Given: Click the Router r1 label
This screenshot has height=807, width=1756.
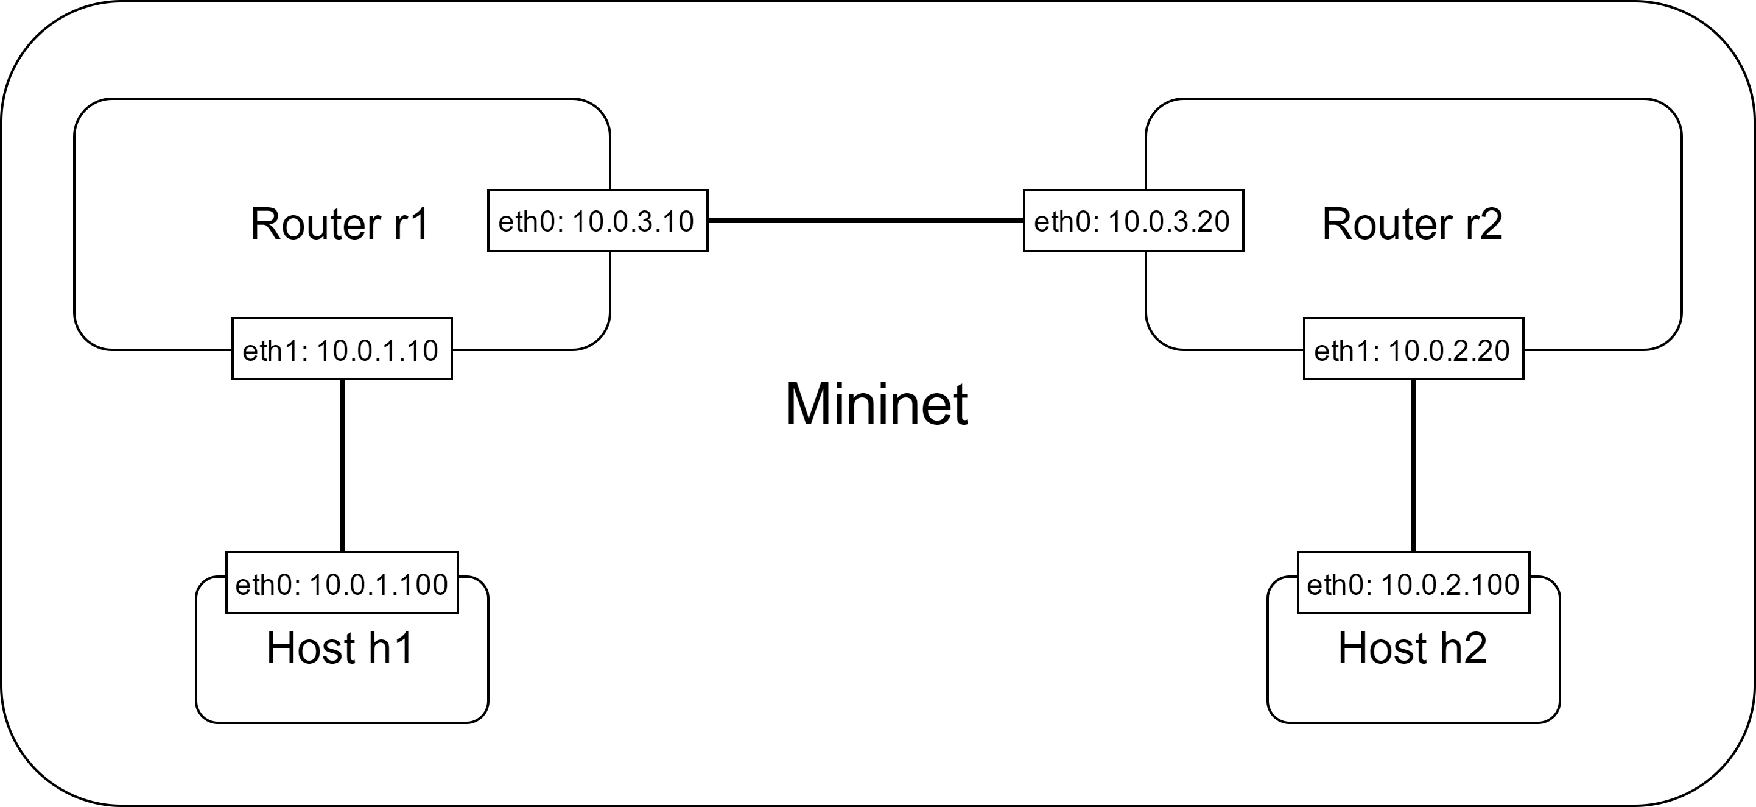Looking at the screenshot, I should pyautogui.click(x=340, y=224).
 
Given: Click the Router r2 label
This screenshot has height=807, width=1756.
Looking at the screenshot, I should pyautogui.click(x=1411, y=224).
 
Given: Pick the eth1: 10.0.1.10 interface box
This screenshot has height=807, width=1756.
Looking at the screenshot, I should pyautogui.click(x=342, y=349).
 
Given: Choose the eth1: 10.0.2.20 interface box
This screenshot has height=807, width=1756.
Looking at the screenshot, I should pyautogui.click(x=1413, y=349).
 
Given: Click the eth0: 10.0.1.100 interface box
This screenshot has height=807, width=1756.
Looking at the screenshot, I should pyautogui.click(x=342, y=583).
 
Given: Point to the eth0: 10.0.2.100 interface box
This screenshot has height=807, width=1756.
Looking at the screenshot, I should pyautogui.click(x=1413, y=583).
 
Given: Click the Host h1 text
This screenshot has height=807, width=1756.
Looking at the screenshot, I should pyautogui.click(x=340, y=648).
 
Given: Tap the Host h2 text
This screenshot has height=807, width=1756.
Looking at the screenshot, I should pyautogui.click(x=1412, y=648).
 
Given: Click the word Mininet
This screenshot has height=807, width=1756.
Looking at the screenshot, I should pyautogui.click(x=876, y=405).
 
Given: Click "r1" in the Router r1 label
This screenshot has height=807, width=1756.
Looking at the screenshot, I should pyautogui.click(x=411, y=224).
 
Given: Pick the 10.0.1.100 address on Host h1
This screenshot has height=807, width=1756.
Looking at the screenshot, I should pyautogui.click(x=378, y=584).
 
